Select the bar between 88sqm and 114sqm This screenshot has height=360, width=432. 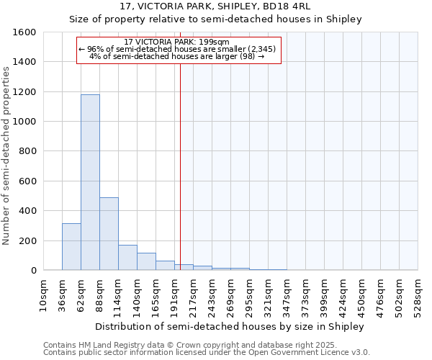click(x=109, y=233)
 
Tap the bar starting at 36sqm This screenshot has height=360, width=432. click(x=71, y=246)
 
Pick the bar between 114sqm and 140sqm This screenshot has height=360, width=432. click(x=127, y=257)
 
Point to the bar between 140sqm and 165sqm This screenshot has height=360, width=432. click(x=146, y=261)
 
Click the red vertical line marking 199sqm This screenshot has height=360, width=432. click(x=180, y=158)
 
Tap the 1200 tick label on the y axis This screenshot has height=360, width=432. click(x=24, y=92)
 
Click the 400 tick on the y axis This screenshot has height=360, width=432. click(x=27, y=211)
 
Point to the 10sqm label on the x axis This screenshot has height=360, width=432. click(x=43, y=295)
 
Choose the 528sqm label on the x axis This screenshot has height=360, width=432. click(x=418, y=295)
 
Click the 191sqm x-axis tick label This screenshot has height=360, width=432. click(x=174, y=295)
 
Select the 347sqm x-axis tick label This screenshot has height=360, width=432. click(x=287, y=295)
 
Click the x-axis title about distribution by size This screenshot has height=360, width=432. click(x=230, y=326)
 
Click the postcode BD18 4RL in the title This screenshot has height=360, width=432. click(x=301, y=7)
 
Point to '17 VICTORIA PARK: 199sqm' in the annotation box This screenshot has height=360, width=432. click(x=176, y=42)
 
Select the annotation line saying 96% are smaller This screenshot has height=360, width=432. click(x=176, y=49)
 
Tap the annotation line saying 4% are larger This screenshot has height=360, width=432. click(x=176, y=56)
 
